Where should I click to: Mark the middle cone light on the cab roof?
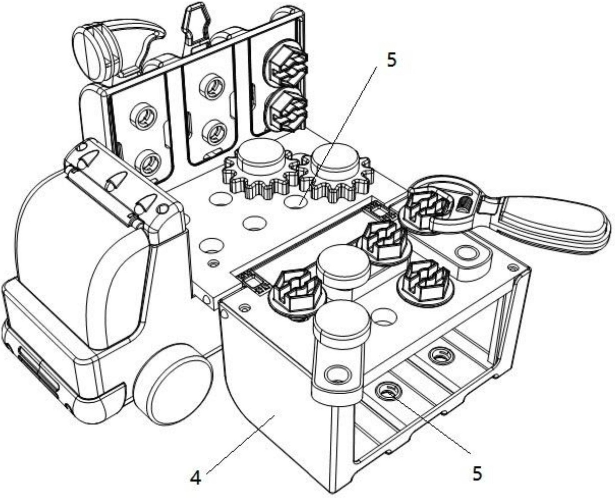(115, 180)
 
